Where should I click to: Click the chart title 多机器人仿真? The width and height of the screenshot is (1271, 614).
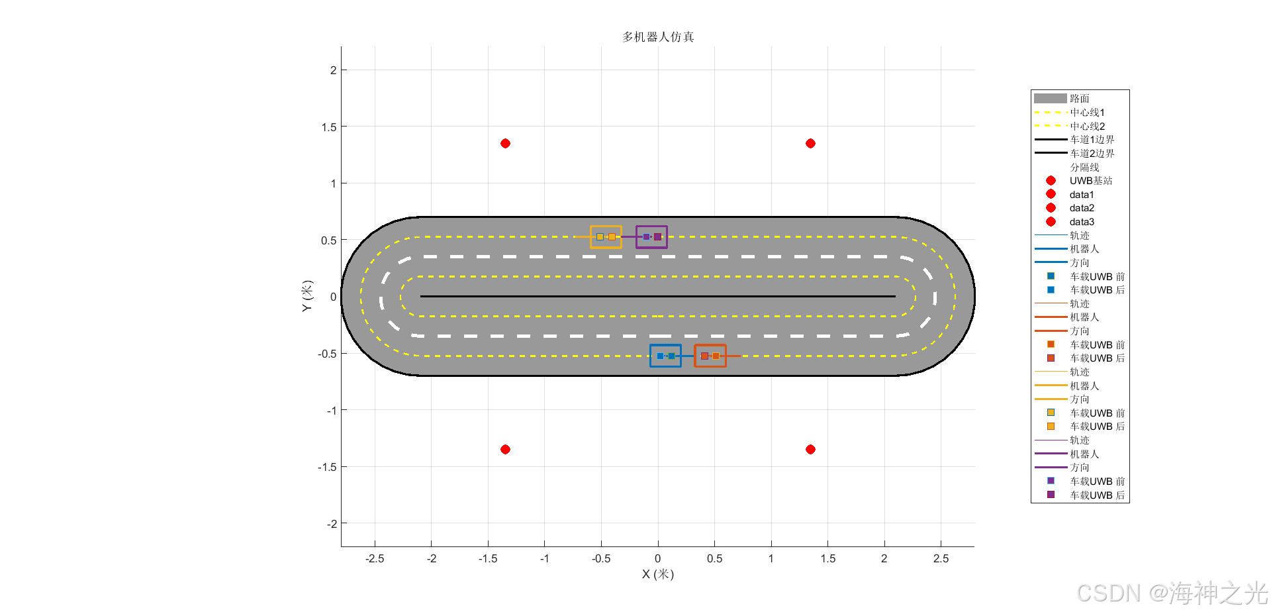[658, 37]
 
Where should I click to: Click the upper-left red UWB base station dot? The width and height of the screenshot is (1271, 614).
[505, 143]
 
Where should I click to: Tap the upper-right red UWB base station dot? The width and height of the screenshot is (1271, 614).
[810, 143]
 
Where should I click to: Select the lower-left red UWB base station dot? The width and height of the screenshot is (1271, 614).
[505, 449]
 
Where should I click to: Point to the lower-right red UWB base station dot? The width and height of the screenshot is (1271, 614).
[810, 449]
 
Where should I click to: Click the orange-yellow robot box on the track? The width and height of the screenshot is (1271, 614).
[590, 236]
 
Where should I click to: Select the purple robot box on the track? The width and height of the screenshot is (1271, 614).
[636, 236]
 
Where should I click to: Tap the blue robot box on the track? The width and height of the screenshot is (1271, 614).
[650, 356]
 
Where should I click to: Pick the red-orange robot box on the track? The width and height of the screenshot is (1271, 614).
[694, 356]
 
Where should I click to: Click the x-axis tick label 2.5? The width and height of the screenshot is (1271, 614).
[941, 558]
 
